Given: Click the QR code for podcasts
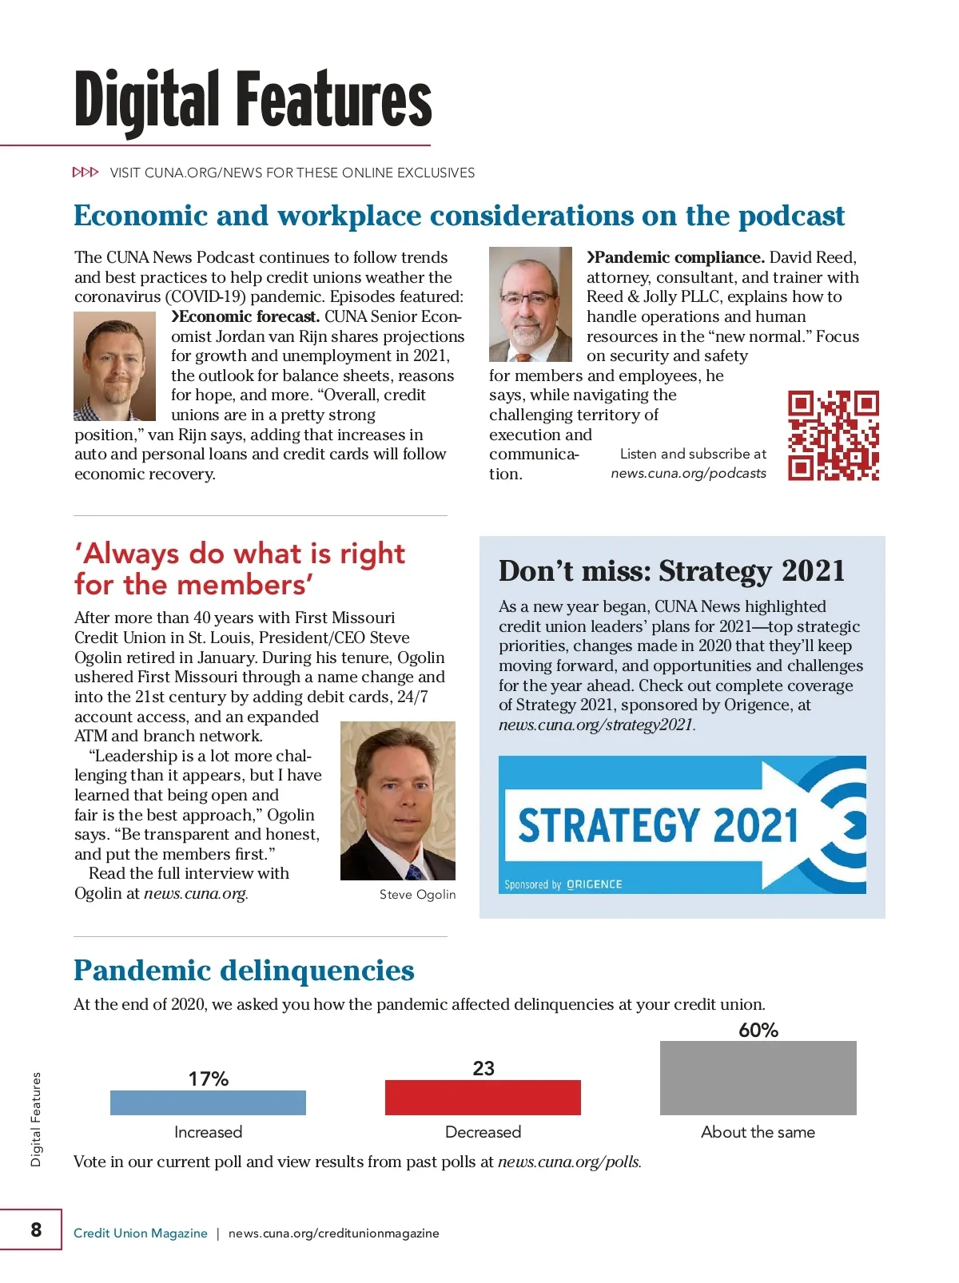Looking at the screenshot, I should click(x=833, y=435).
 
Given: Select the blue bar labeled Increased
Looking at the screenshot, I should click(x=208, y=1102).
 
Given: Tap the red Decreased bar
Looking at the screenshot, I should click(x=483, y=1098).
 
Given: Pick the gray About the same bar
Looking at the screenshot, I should click(x=758, y=1078).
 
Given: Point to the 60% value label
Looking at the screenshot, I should click(x=758, y=1030).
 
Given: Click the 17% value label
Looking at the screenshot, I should click(x=208, y=1078).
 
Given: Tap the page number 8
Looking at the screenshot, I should click(x=36, y=1229).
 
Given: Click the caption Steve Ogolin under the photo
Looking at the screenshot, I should click(x=417, y=895).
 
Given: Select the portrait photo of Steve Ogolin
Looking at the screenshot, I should click(x=397, y=800).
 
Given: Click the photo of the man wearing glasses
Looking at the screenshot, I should click(x=530, y=304).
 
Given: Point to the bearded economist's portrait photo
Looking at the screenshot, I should click(x=114, y=366).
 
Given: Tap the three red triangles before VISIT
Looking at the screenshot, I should click(x=86, y=173).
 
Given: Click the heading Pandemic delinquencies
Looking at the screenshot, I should click(x=244, y=971).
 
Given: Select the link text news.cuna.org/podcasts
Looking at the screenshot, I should click(x=688, y=473).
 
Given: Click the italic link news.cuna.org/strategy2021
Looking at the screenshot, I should click(x=596, y=725).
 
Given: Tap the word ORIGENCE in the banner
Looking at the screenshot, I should click(x=594, y=884).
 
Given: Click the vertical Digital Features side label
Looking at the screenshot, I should click(x=36, y=1119).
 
